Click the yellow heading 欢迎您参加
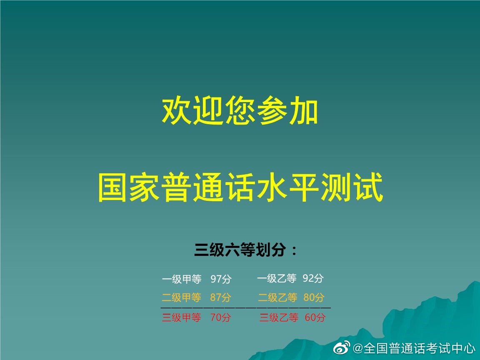240,110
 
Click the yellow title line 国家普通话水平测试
240,187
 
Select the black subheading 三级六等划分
245,250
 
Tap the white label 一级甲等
182,279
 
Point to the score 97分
221,279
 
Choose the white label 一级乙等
277,278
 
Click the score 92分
313,278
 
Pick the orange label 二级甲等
182,297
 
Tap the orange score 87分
220,297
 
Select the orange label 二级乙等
277,297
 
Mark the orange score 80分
314,297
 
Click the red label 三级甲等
182,317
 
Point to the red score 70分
220,317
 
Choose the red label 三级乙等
279,317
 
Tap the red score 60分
315,317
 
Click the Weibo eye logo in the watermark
342,347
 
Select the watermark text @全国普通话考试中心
414,348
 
